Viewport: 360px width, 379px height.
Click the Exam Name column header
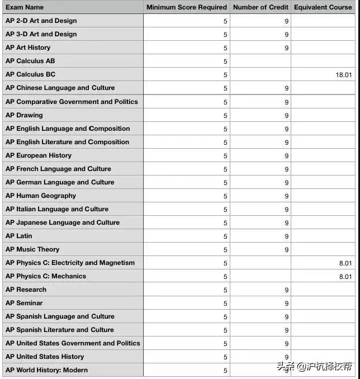[25, 7]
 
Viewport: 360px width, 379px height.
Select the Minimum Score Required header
[186, 7]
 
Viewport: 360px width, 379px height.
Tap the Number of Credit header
[260, 7]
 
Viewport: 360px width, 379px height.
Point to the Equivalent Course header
[323, 7]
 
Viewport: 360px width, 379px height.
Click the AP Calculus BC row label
[30, 74]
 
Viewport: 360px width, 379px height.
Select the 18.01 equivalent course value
[344, 75]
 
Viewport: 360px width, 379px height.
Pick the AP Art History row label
[28, 48]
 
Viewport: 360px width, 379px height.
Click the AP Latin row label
[19, 236]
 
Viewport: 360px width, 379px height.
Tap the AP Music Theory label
[32, 249]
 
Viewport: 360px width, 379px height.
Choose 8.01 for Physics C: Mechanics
[345, 277]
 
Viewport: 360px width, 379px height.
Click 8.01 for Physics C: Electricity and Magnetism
[345, 263]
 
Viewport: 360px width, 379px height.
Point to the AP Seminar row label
[24, 303]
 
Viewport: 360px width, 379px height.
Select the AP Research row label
[26, 290]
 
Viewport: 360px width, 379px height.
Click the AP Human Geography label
[41, 196]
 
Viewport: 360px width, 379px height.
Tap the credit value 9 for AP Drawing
[286, 116]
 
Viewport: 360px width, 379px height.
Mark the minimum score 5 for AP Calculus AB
[225, 61]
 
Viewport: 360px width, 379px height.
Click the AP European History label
[39, 155]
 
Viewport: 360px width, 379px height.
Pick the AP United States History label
[45, 357]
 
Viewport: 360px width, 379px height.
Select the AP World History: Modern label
[46, 370]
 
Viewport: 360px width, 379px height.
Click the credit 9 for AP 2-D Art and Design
[286, 21]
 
